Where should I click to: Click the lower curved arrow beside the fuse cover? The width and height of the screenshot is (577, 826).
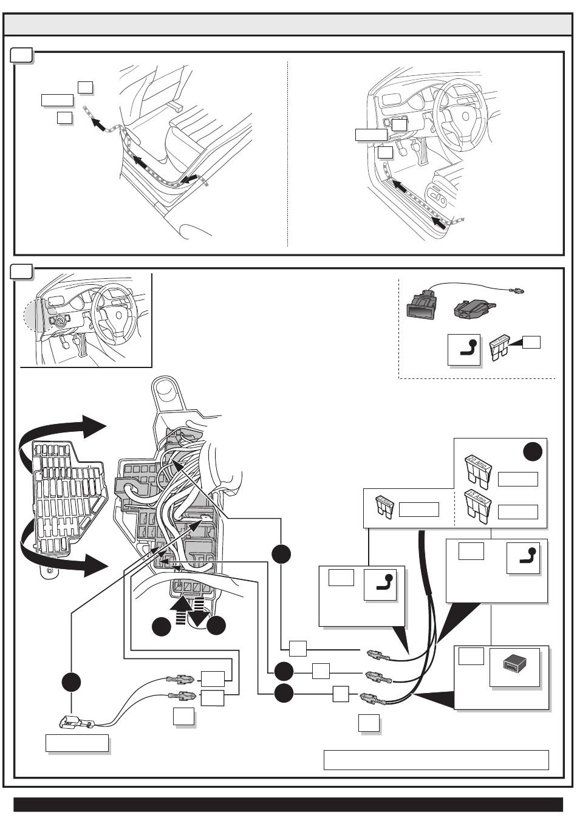61,554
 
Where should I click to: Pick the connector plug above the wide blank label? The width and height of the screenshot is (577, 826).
73,723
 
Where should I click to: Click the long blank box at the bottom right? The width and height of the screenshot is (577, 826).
435,760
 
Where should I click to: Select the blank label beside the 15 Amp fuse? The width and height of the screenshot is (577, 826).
517,511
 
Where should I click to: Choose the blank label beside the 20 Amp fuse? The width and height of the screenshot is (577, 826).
517,479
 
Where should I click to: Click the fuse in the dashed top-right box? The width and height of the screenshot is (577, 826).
499,348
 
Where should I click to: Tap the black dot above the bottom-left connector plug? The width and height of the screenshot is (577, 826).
71,682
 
